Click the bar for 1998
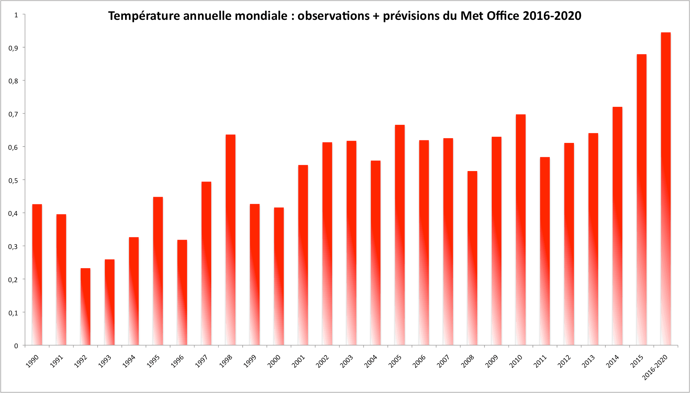click(230, 240)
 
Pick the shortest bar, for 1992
click(85, 307)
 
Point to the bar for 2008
click(472, 258)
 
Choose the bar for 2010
click(521, 230)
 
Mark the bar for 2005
click(399, 235)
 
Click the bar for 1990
click(37, 275)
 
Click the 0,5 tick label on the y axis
click(13, 180)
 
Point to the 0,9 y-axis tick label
click(13, 48)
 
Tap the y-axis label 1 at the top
click(16, 15)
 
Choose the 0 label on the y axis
click(16, 346)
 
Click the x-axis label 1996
click(177, 361)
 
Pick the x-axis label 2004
click(371, 361)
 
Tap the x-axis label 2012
click(564, 361)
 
